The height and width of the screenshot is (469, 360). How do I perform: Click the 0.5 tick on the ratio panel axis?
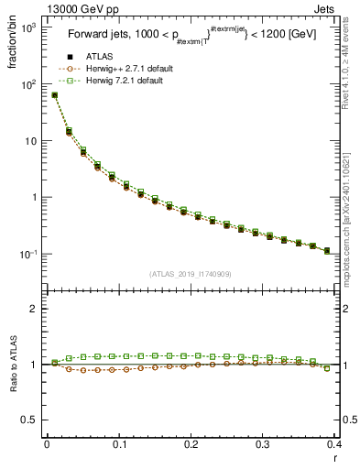pyautogui.click(x=29, y=420)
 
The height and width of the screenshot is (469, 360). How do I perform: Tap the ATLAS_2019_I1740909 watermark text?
pyautogui.click(x=191, y=273)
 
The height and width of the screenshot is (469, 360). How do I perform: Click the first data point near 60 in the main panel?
pyautogui.click(x=54, y=94)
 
